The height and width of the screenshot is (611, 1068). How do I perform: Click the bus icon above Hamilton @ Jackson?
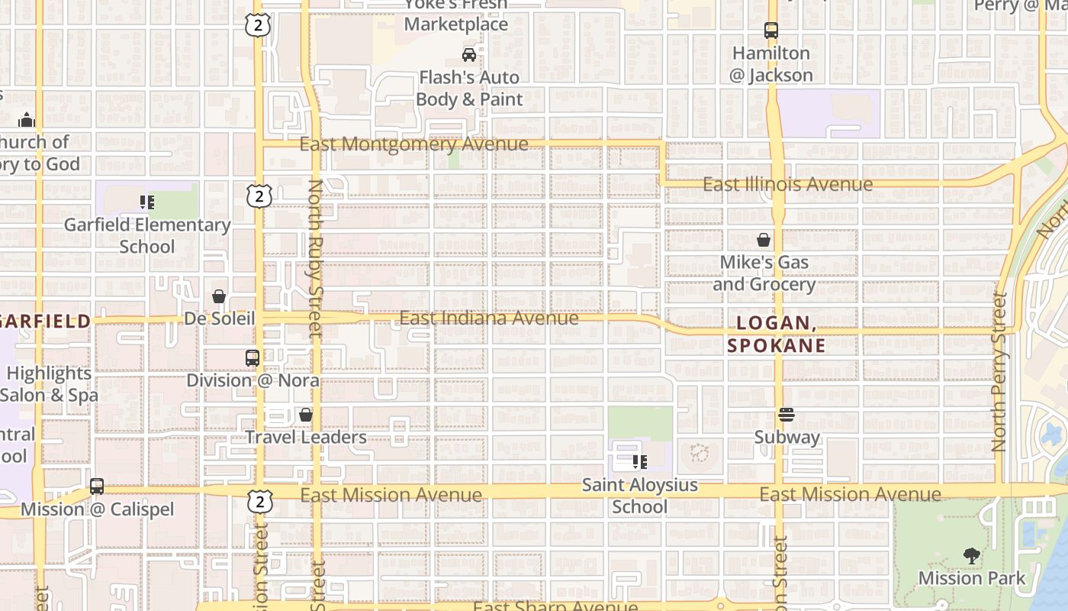click(771, 31)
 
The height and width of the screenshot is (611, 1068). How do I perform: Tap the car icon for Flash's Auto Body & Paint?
click(469, 54)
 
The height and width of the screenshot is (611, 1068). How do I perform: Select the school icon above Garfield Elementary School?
click(147, 202)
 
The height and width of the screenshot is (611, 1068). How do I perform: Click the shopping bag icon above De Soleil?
click(219, 296)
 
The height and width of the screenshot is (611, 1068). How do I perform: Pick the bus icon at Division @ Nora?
click(252, 357)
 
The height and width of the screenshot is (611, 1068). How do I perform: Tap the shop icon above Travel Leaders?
click(306, 415)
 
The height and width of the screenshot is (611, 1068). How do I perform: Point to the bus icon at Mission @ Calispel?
click(97, 487)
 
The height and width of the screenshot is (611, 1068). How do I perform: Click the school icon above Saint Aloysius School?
click(640, 462)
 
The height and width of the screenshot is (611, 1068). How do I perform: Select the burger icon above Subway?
click(787, 415)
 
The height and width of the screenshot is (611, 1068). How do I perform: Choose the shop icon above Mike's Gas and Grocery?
click(764, 240)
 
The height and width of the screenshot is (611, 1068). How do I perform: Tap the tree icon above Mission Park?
click(972, 555)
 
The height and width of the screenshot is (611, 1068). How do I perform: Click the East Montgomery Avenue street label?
click(413, 144)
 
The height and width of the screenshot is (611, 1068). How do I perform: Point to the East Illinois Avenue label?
click(787, 184)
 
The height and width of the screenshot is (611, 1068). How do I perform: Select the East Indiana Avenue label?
click(489, 318)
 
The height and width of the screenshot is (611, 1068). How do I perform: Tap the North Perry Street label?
click(1000, 371)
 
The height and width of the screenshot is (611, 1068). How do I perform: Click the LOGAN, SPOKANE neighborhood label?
click(776, 334)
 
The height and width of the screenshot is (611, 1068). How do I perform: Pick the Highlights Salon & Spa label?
click(49, 384)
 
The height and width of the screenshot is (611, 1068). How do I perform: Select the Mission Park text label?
click(972, 578)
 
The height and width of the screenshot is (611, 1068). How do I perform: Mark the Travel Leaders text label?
click(306, 437)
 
